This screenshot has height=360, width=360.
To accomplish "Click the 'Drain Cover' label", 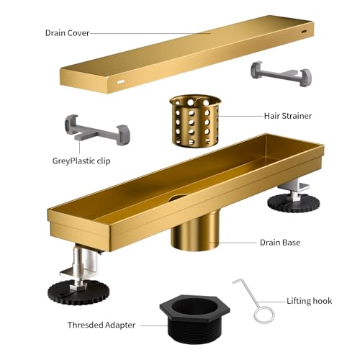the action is (68, 33).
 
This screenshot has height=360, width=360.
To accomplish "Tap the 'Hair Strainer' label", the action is (288, 116).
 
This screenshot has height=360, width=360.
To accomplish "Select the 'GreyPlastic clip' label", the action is (81, 161).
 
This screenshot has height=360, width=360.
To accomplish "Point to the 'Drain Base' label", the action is (280, 243).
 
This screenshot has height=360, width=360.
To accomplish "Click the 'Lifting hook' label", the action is (310, 301).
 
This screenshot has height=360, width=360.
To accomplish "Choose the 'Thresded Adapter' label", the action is (102, 325).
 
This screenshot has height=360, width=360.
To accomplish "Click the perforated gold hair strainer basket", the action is (195, 121).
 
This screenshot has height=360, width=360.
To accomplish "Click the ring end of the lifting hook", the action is (264, 315).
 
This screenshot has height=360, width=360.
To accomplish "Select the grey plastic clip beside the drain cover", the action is (282, 73).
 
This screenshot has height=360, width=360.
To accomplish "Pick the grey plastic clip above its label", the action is (97, 130).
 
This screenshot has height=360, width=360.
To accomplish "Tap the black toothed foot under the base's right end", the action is (294, 204).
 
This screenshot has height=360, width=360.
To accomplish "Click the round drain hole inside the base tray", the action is (178, 198).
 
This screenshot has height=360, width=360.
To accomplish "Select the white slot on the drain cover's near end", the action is (120, 82).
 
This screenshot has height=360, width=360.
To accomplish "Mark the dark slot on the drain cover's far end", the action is (305, 32).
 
